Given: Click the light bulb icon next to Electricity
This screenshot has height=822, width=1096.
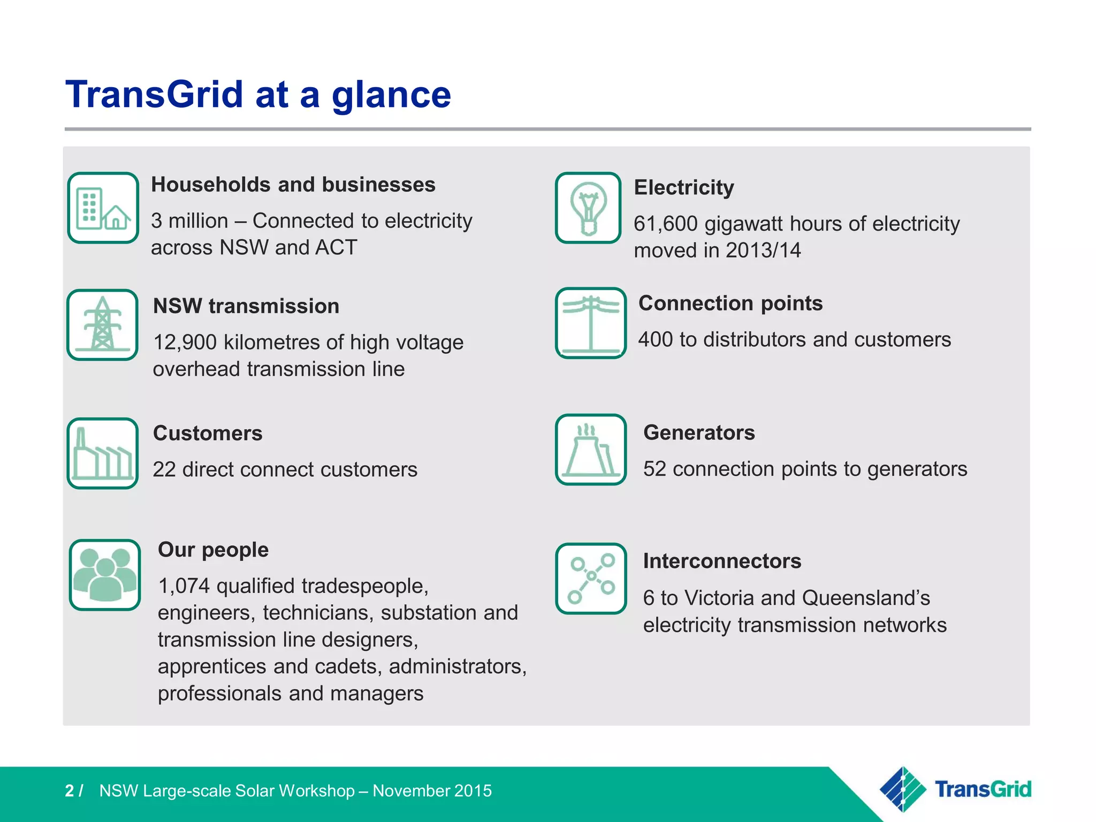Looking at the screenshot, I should (588, 208).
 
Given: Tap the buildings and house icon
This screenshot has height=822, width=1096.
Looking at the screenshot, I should (103, 208).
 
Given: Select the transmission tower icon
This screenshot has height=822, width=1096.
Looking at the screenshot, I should (102, 325).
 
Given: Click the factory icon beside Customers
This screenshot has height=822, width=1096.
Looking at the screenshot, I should (102, 453).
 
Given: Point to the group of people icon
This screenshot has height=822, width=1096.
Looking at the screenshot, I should (105, 575).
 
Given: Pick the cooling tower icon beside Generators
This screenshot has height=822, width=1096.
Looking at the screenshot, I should (590, 450).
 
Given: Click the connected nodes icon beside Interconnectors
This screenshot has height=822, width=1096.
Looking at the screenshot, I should (591, 579).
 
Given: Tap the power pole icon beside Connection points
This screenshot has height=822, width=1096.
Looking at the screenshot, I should (590, 323).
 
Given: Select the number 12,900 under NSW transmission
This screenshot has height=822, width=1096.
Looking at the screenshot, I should (185, 342).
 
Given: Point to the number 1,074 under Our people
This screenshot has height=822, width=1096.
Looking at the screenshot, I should (184, 586).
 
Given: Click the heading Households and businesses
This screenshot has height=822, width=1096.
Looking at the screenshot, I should (293, 185).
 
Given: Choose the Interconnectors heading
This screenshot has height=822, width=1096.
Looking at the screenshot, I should (722, 561).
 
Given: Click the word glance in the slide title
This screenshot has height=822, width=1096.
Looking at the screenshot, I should (391, 95).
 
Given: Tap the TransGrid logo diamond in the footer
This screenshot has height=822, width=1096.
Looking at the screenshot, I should (903, 789).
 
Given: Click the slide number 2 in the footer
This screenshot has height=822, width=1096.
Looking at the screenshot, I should (70, 791).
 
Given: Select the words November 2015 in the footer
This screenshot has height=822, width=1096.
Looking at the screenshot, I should (432, 791).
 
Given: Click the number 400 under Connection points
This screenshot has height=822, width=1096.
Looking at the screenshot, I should (655, 340).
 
